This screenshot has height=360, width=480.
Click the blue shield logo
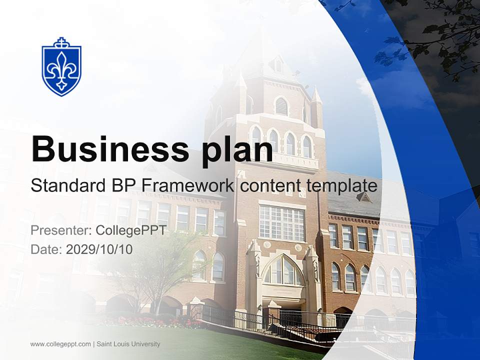pos(61,67)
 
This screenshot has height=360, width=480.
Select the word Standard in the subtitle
pos(66,186)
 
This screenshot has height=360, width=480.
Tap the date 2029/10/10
pos(99,249)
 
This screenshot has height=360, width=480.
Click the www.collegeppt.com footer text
pos(60,344)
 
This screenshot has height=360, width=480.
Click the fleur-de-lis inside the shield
pos(61,71)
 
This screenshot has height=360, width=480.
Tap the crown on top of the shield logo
pos(61,41)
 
